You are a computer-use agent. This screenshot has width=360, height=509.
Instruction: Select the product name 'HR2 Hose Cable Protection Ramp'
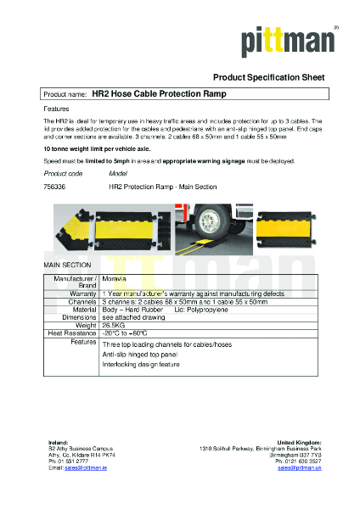tap(159, 95)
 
